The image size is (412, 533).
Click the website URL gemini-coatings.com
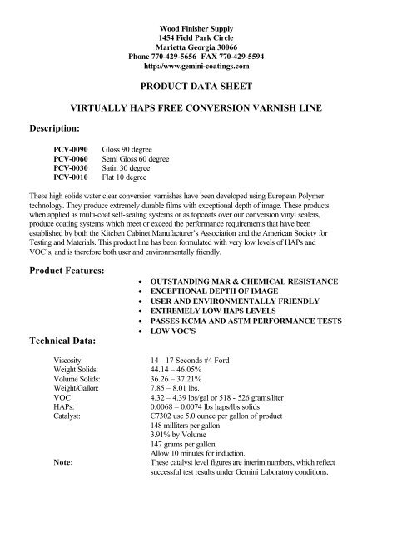[205, 63]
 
